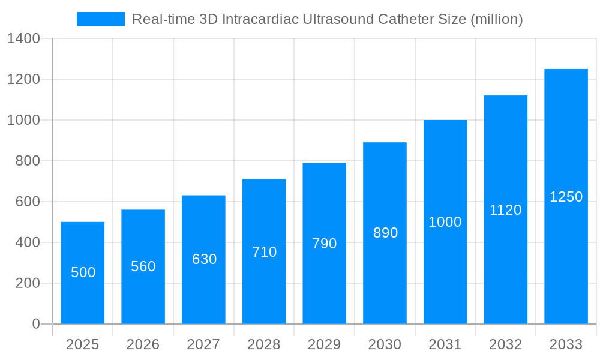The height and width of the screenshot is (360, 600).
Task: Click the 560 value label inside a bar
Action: pyautogui.click(x=143, y=266)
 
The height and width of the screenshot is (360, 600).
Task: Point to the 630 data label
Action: pyautogui.click(x=204, y=259)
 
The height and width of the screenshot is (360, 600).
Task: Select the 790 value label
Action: pyautogui.click(x=325, y=244)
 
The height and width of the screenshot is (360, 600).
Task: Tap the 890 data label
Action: pyautogui.click(x=385, y=233)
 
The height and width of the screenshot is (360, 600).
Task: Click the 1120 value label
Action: pyautogui.click(x=506, y=210)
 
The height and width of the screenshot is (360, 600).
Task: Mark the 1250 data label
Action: pyautogui.click(x=566, y=197)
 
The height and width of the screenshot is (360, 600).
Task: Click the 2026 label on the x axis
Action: pyautogui.click(x=143, y=344)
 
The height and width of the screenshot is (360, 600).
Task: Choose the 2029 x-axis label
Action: pyautogui.click(x=325, y=344)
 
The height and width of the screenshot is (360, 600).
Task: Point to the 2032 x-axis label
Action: pyautogui.click(x=506, y=344)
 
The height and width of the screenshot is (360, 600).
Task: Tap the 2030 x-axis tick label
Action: pyautogui.click(x=385, y=344)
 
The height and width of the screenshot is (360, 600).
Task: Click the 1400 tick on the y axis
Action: pyautogui.click(x=23, y=39)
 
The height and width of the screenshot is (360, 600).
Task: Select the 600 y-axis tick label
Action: pyautogui.click(x=28, y=202)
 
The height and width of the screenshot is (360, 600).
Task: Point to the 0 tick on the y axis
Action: pyautogui.click(x=36, y=324)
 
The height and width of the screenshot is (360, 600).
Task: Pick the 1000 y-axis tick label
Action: pyautogui.click(x=23, y=120)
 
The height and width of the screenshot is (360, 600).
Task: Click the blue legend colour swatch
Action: pyautogui.click(x=101, y=19)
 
